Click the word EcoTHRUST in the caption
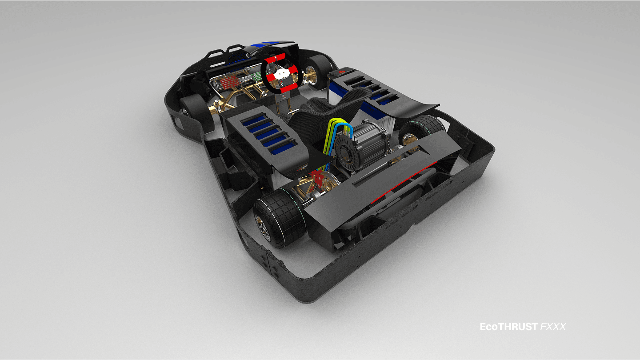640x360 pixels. (x=508, y=327)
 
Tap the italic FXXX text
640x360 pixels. (x=553, y=327)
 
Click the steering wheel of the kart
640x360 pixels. (x=281, y=73)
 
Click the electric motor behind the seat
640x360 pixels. (x=361, y=146)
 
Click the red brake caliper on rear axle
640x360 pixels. (x=317, y=179)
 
